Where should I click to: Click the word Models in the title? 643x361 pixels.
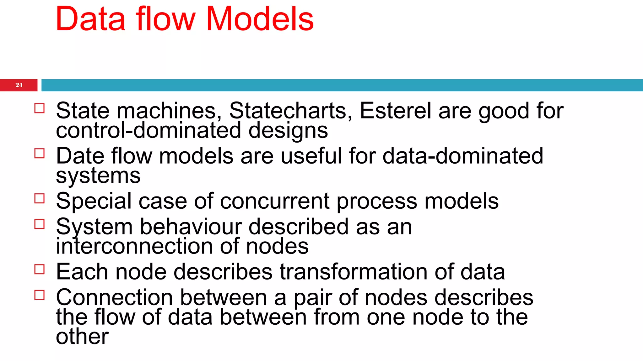[260, 19]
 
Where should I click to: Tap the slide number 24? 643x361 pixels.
[19, 85]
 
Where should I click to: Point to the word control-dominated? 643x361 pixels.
[149, 130]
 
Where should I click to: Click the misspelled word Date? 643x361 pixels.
[80, 156]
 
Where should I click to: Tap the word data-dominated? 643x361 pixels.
[463, 156]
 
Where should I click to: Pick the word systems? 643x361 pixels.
[98, 176]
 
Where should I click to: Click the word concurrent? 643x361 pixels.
[275, 201]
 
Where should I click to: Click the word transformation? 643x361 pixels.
[354, 272]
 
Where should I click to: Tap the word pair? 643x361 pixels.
[313, 297]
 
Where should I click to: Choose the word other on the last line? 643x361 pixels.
[82, 337]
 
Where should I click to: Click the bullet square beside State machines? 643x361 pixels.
[40, 108]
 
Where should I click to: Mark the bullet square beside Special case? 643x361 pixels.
[40, 199]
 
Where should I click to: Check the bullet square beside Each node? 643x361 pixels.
[40, 269]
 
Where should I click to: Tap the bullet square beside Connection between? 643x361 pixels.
[40, 295]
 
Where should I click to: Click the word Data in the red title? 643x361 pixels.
[90, 19]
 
